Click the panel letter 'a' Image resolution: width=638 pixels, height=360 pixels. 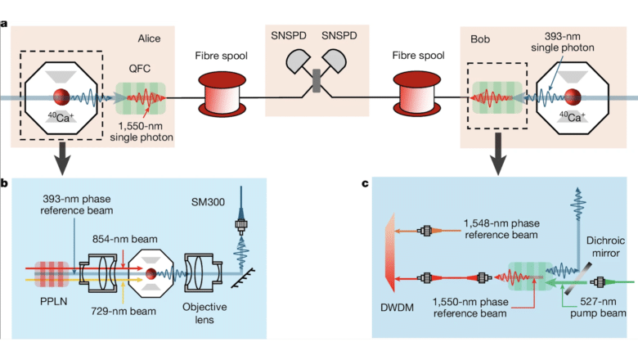click(5, 23)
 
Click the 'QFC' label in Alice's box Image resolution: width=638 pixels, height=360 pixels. click(141, 70)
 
